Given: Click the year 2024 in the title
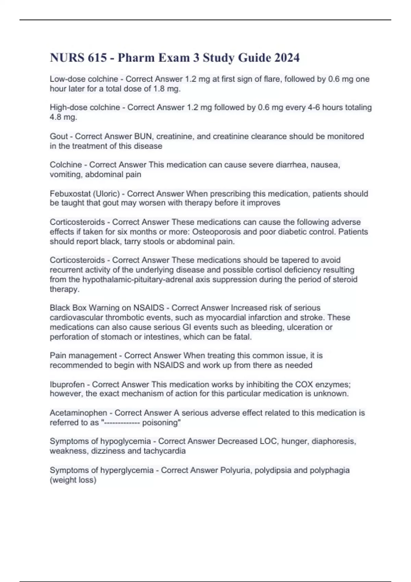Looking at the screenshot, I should tap(287, 58).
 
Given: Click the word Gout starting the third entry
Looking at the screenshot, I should tap(59, 136).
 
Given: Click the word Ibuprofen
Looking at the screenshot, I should tap(67, 384).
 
